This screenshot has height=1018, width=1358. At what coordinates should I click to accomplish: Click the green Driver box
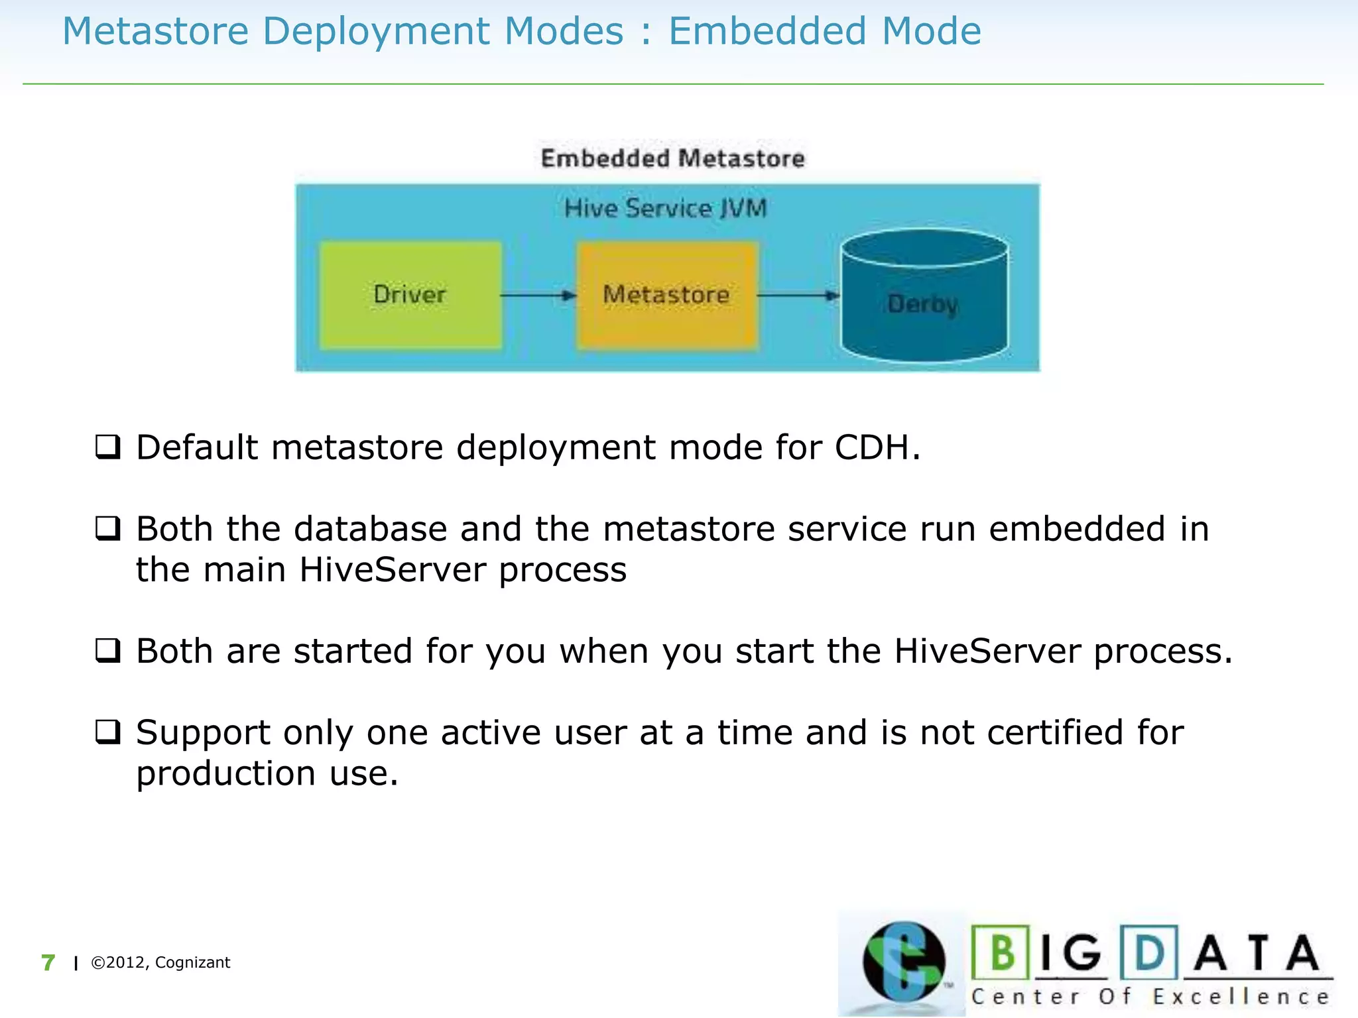pos(410,295)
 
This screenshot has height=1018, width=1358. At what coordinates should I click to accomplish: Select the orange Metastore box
pos(666,295)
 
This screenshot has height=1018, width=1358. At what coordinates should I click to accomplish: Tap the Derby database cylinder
pos(924,298)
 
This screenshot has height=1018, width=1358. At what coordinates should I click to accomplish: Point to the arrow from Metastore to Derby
pos(798,296)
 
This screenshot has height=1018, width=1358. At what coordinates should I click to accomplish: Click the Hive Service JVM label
pos(666,209)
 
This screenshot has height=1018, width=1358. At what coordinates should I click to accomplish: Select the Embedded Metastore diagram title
pos(672,159)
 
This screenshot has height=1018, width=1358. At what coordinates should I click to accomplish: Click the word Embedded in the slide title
pos(767,32)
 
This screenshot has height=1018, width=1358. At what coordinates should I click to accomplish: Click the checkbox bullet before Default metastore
pos(108,447)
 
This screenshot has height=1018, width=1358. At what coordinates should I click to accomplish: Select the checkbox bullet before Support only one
pos(108,732)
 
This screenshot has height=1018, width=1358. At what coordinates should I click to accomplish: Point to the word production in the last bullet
pos(225,774)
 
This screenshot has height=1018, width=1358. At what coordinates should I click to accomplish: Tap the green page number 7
pos(48,962)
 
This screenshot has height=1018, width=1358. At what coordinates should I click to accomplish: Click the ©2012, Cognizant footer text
pos(160,962)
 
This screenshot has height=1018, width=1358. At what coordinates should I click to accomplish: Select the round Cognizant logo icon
pos(903,961)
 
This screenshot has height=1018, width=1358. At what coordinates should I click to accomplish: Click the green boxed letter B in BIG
pos(1001,952)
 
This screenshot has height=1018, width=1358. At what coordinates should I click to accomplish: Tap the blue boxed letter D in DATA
pos(1148,952)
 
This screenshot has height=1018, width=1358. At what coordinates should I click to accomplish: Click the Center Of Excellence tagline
pos(1150,997)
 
